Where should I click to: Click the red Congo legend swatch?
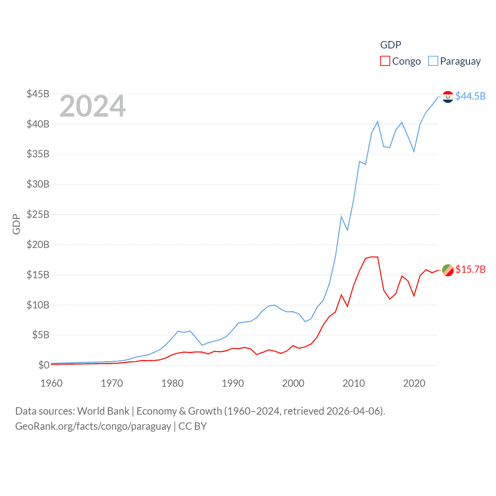click(385, 61)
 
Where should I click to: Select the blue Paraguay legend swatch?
click(433, 61)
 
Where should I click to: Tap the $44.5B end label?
click(470, 96)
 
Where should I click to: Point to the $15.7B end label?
click(470, 269)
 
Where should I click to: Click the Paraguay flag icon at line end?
click(448, 96)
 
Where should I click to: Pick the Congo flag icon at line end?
click(448, 270)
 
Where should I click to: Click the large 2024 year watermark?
click(93, 106)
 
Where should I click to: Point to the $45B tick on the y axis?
click(38, 94)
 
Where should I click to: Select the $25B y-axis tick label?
click(38, 214)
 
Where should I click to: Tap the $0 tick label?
click(44, 365)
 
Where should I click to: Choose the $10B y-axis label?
click(38, 305)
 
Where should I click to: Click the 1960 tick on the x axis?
click(52, 383)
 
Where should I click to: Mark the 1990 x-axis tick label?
click(233, 383)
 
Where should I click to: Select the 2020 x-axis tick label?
click(414, 383)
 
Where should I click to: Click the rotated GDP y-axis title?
click(16, 224)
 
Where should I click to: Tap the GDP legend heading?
click(391, 45)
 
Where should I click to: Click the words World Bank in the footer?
click(103, 411)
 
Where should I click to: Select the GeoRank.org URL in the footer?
click(93, 426)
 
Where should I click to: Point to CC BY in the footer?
click(193, 426)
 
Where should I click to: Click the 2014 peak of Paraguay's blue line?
click(377, 122)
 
